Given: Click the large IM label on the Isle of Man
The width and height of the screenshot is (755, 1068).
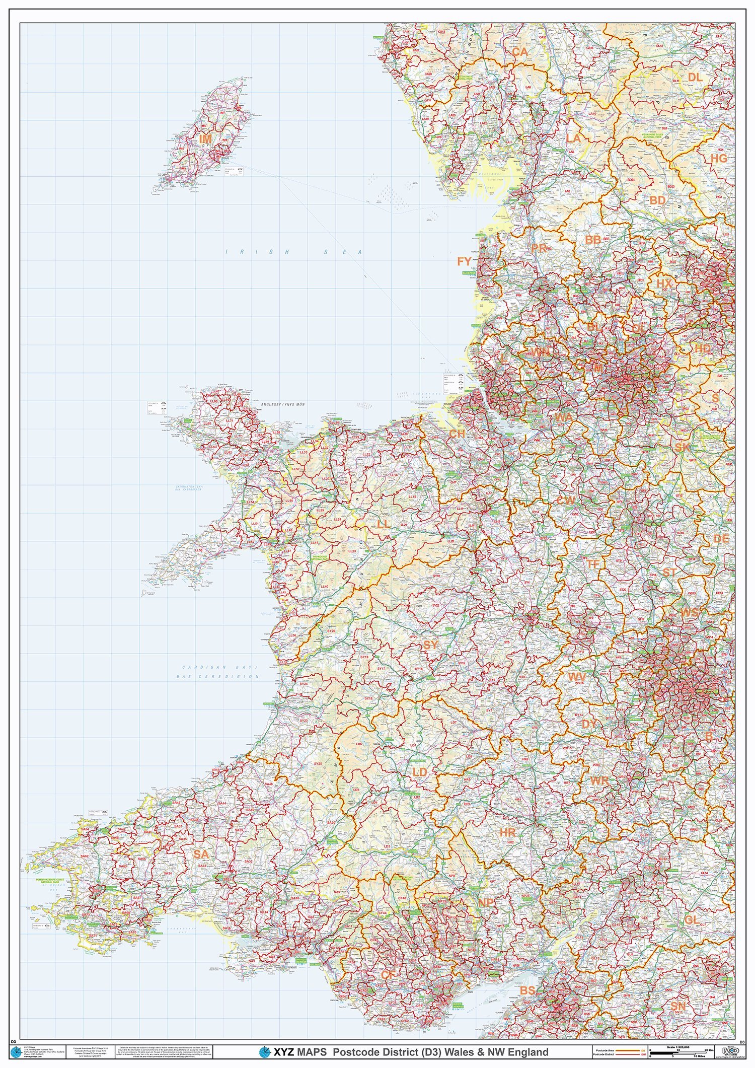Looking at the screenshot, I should [205, 138].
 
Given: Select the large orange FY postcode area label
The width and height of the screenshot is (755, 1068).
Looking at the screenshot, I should [464, 261].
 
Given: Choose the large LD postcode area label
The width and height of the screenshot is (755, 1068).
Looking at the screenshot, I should [419, 772].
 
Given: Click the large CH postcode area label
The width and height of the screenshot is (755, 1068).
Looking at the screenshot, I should [457, 434].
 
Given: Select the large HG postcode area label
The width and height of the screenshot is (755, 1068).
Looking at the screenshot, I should [719, 158].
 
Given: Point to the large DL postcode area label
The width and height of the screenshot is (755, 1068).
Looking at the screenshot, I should [695, 77].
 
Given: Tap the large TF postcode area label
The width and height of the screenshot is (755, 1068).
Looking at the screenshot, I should [593, 564].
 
